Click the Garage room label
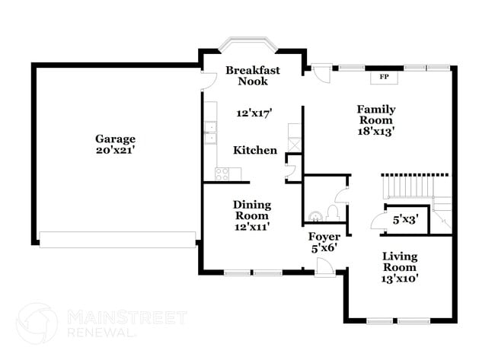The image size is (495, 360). [115, 139]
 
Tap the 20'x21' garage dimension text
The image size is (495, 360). [115, 150]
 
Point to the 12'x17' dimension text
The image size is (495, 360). [255, 113]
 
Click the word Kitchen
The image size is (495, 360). [255, 150]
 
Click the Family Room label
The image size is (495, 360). [376, 114]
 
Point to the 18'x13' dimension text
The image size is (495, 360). [376, 131]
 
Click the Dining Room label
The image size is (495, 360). [251, 209]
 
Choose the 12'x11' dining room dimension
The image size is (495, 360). [251, 226]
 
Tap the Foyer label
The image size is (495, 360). [324, 237]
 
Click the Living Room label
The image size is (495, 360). [399, 262]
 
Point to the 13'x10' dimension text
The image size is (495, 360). [399, 278]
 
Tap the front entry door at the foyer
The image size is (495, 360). [324, 266]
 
